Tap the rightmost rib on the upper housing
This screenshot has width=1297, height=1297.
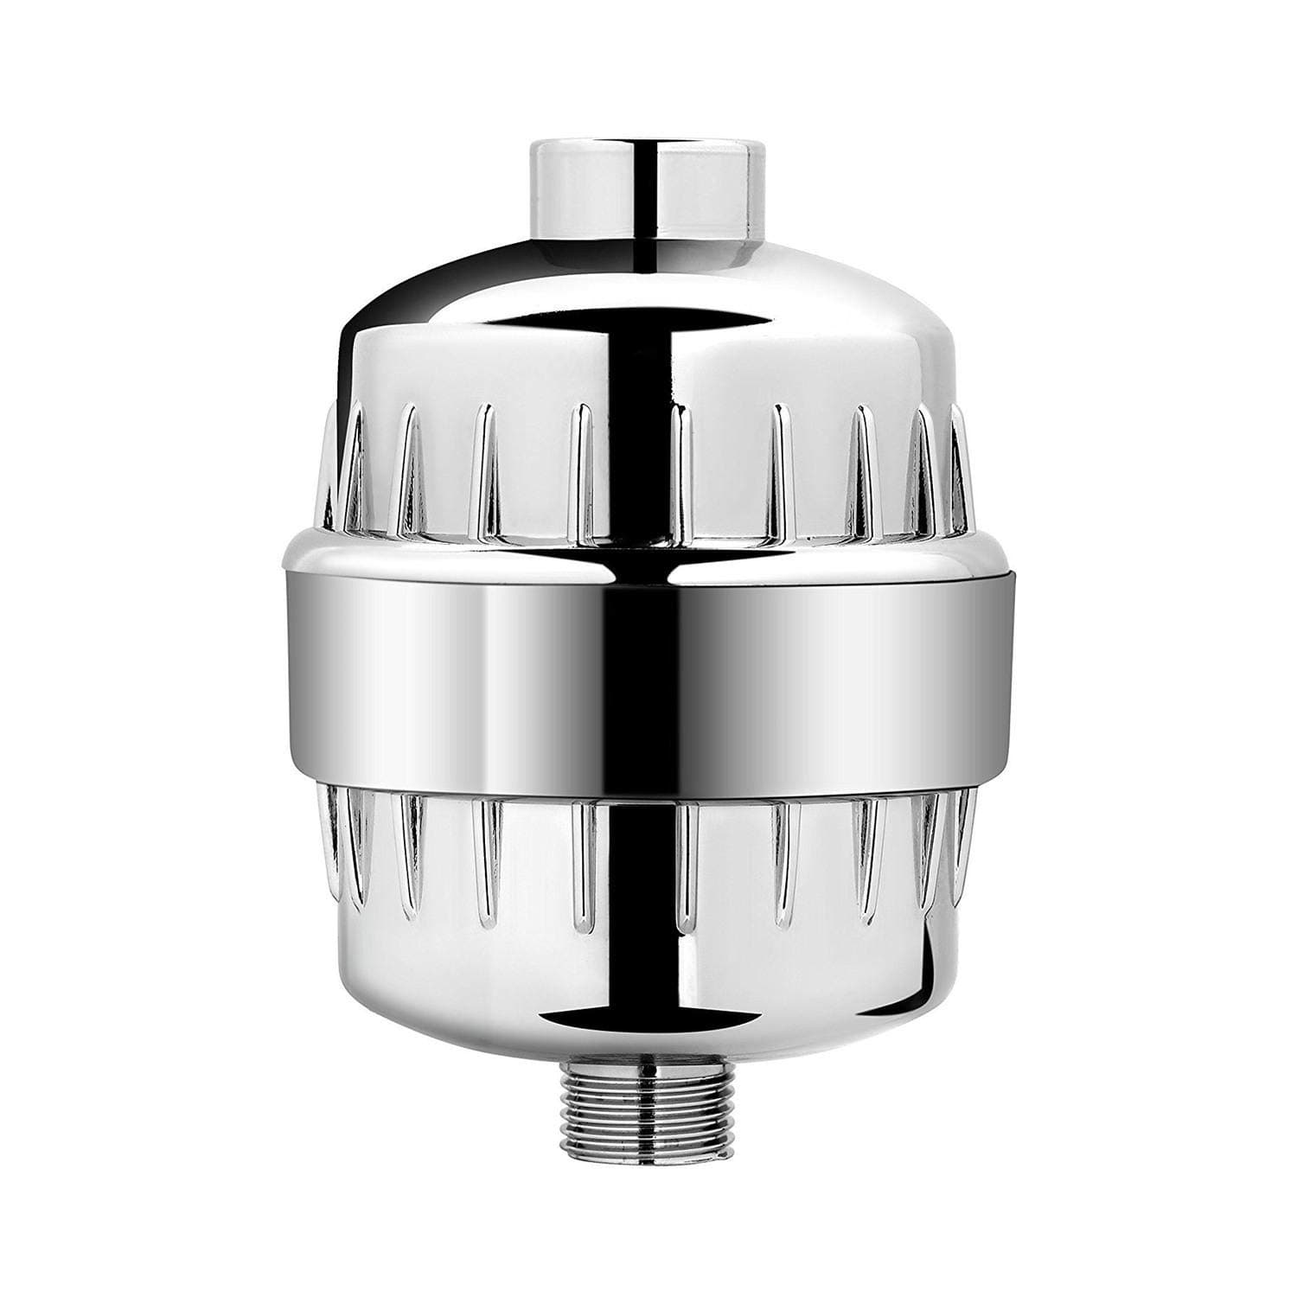958,467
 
